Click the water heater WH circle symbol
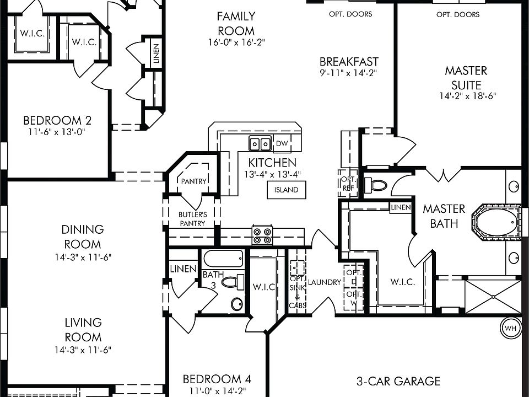(510, 328)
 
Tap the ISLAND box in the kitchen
(287, 190)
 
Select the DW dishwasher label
(282, 143)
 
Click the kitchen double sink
(260, 144)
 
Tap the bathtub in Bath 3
(223, 259)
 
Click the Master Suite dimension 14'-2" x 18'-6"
(468, 96)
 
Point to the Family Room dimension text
(236, 42)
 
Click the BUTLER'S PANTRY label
(192, 219)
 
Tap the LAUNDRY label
(325, 282)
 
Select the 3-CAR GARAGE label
(398, 381)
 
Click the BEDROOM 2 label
(57, 120)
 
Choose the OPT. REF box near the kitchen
(348, 183)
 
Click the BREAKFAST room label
(349, 62)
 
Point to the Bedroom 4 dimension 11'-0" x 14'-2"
(217, 391)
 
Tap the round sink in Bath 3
(237, 304)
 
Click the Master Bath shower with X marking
(493, 297)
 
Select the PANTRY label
(193, 181)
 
